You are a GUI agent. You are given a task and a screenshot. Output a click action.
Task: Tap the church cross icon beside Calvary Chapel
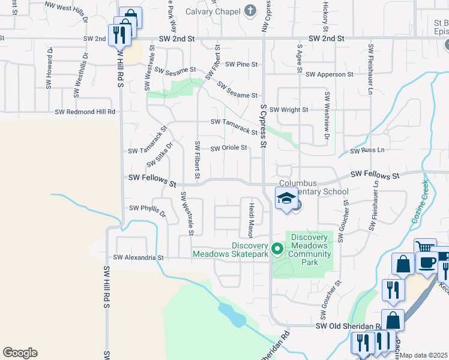click(x=251, y=11)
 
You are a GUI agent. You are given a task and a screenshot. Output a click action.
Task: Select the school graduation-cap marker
click(x=286, y=197)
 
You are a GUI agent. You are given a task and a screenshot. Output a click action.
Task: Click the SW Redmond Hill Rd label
click(x=85, y=112)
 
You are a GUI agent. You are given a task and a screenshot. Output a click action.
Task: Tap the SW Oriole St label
click(x=229, y=148)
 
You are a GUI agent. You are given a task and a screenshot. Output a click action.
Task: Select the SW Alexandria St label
click(x=138, y=257)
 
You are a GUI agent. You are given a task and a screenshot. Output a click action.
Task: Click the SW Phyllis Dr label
click(x=148, y=209)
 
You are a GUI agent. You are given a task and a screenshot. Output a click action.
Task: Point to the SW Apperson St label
click(x=330, y=74)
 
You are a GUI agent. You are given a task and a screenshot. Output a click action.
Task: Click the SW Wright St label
click(x=288, y=110)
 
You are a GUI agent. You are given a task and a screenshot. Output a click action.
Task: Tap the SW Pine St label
click(x=241, y=64)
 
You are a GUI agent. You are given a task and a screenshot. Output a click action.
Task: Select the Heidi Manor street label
click(x=251, y=220)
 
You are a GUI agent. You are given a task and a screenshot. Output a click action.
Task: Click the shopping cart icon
click(x=424, y=247)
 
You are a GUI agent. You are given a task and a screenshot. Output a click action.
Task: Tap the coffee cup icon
click(x=427, y=263)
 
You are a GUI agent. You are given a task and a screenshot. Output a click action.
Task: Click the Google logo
click(x=20, y=353)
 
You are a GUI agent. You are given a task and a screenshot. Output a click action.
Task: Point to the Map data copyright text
click(x=423, y=355)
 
